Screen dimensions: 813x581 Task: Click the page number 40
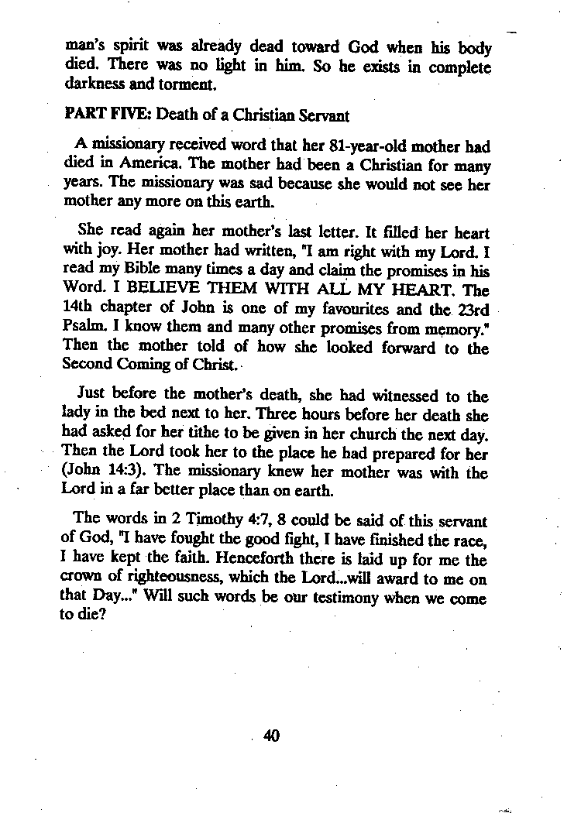270,735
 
